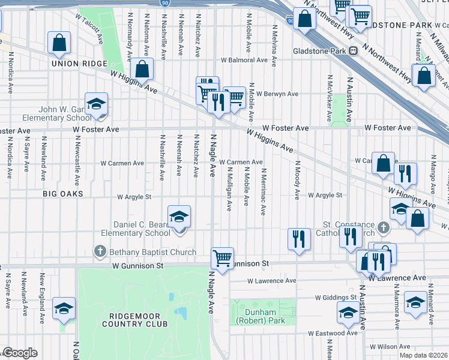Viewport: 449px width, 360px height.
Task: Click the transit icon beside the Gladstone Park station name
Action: (354, 51)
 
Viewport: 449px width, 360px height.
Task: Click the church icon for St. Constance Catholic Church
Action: (385, 228)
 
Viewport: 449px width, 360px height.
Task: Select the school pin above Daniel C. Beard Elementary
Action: (178, 217)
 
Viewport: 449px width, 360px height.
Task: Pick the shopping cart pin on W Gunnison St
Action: (223, 259)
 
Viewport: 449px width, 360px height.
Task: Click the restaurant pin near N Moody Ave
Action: (299, 239)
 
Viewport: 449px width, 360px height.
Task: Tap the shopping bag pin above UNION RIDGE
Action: (59, 43)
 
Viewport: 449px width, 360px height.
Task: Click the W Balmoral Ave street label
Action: (244, 60)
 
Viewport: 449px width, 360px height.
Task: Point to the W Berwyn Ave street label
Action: (277, 94)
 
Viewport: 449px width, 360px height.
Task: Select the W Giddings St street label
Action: (336, 298)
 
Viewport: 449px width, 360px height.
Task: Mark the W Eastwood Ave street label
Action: (333, 333)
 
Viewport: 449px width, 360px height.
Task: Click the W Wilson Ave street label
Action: (391, 347)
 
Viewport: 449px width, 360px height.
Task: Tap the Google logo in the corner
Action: (20, 353)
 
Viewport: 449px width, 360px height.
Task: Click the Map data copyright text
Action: (423, 355)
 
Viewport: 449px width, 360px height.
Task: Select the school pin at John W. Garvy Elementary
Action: (96, 104)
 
